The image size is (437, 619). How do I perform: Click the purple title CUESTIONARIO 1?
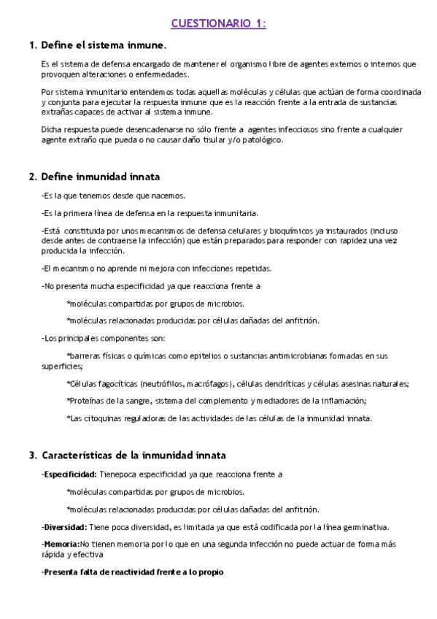coord(218,24)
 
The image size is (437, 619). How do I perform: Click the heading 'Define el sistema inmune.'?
coord(104,45)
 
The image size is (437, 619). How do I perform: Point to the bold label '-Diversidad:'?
coord(64,527)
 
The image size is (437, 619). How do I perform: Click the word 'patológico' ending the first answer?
coord(261,140)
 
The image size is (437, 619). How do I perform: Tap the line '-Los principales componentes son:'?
coord(104,338)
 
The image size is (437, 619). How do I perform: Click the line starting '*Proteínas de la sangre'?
coord(216,401)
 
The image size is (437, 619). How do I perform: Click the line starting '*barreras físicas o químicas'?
coord(227,355)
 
